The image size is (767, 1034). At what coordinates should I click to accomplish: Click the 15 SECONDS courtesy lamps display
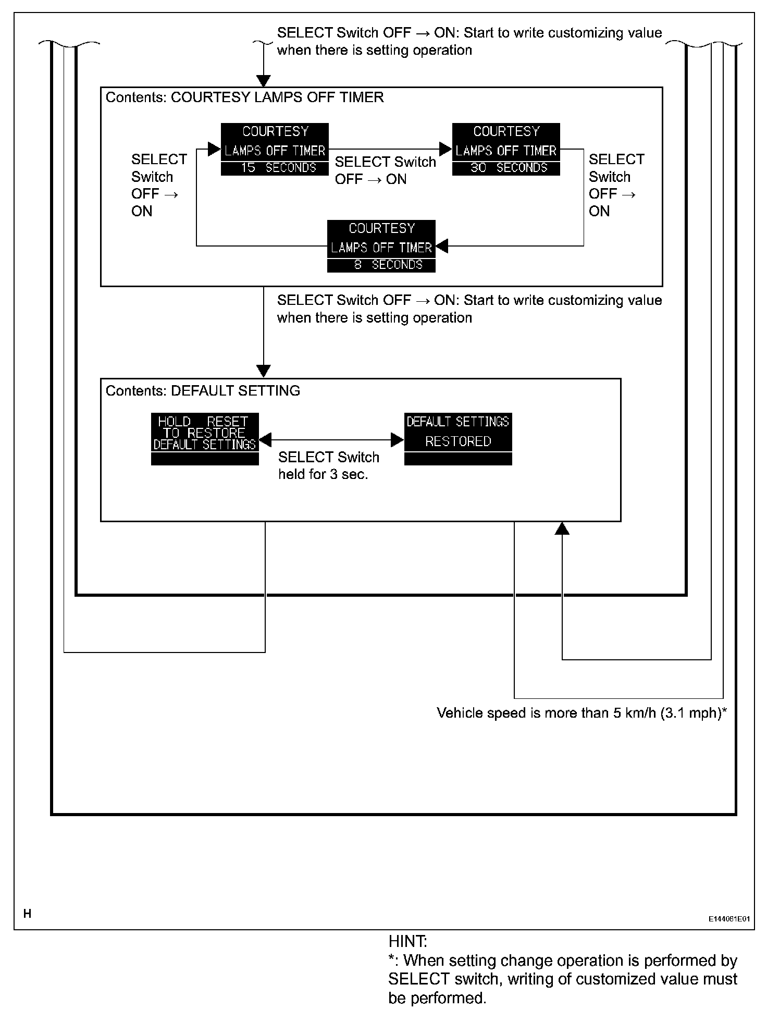(x=275, y=149)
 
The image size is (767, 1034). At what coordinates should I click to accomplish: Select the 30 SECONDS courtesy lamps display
(x=506, y=149)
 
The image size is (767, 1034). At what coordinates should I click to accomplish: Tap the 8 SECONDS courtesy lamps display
(x=381, y=246)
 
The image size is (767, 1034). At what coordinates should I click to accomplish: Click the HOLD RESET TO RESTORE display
(x=205, y=439)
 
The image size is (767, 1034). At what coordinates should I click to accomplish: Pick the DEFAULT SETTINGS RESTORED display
(x=458, y=439)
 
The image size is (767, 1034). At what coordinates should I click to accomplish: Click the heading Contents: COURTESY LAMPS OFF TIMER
(x=244, y=97)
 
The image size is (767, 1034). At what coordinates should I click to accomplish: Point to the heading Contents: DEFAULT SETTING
(x=203, y=391)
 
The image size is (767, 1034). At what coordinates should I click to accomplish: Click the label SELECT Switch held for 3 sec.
(x=328, y=465)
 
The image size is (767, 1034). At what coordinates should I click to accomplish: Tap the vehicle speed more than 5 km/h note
(x=582, y=713)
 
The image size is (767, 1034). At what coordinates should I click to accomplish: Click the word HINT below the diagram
(x=407, y=942)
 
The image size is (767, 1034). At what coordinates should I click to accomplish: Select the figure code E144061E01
(x=728, y=919)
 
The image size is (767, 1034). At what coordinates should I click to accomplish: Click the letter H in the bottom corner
(x=27, y=914)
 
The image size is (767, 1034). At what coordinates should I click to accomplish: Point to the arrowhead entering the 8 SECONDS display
(x=442, y=246)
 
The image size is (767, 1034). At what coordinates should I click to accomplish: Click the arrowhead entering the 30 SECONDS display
(x=446, y=150)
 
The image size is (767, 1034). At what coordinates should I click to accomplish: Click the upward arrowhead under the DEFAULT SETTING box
(x=562, y=528)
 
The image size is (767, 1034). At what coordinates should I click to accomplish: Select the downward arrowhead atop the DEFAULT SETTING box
(x=264, y=372)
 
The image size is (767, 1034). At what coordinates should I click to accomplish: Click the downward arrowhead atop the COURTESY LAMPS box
(x=264, y=81)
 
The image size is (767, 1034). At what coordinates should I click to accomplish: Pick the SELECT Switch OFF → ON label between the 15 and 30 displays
(x=385, y=170)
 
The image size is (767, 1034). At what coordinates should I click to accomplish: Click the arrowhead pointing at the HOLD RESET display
(x=265, y=440)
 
